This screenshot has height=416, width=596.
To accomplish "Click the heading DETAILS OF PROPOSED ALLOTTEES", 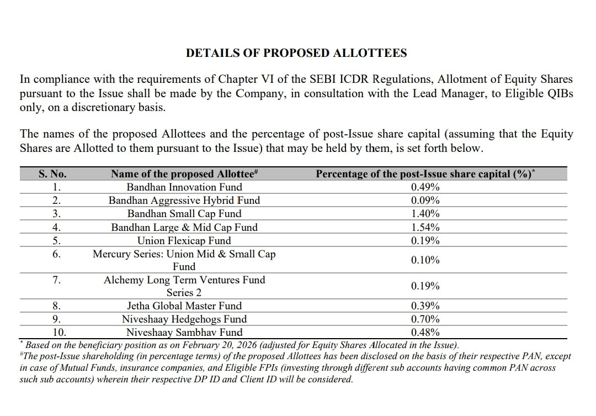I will tap(296, 53).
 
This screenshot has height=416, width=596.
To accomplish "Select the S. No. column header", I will tap(52, 174).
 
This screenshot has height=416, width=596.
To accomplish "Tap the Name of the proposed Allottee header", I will tap(184, 174).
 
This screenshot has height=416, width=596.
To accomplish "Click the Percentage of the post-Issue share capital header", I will tap(425, 174).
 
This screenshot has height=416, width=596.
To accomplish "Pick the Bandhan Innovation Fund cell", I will tap(184, 187).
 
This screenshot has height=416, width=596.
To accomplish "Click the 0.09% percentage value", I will tap(425, 201).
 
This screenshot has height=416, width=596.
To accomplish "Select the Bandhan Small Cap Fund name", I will tap(184, 214).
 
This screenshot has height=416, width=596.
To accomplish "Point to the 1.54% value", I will tap(425, 227).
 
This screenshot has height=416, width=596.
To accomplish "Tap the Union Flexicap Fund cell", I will tap(184, 241).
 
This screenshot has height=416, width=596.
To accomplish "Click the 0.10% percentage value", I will tap(425, 260).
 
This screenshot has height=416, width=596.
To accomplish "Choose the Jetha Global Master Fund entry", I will tap(184, 306).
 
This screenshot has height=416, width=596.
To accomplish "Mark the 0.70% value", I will tap(425, 319).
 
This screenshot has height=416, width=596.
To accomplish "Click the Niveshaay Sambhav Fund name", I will tap(184, 333).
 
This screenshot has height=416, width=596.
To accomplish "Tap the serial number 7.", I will tap(56, 280).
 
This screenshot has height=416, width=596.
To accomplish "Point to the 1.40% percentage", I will tap(425, 214).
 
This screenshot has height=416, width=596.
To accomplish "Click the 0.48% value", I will tap(425, 333).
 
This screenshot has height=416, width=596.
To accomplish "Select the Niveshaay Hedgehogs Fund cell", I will tap(184, 319).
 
